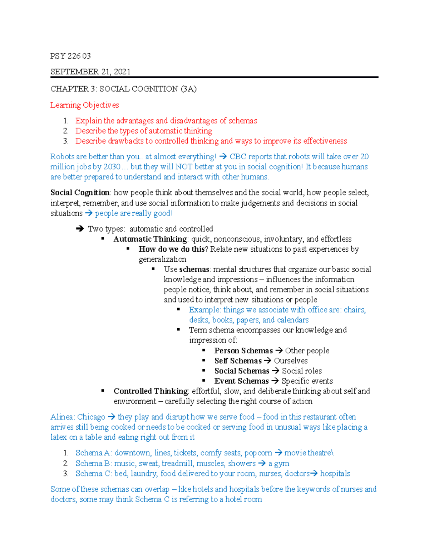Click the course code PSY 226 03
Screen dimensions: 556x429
pos(70,56)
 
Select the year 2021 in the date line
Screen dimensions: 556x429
pos(122,72)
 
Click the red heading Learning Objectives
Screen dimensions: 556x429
pos(84,105)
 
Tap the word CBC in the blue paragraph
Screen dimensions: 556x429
pos(238,157)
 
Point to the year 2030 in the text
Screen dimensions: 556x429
pos(112,167)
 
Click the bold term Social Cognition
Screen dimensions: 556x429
pos(80,193)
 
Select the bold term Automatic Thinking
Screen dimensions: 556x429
pos(150,239)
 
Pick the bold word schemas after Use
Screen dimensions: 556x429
pos(194,269)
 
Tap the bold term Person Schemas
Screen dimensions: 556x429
pos(243,351)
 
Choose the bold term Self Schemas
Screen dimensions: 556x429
pos(238,361)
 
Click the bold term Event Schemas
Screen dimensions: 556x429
pos(241,381)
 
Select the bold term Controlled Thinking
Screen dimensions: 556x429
pos(151,391)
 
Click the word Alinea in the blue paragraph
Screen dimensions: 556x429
pos(62,417)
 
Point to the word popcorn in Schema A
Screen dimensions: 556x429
pos(258,453)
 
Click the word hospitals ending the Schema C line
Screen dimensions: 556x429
pos(335,474)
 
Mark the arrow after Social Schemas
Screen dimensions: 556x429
pos(276,371)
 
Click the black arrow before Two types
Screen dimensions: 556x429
pos(80,229)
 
